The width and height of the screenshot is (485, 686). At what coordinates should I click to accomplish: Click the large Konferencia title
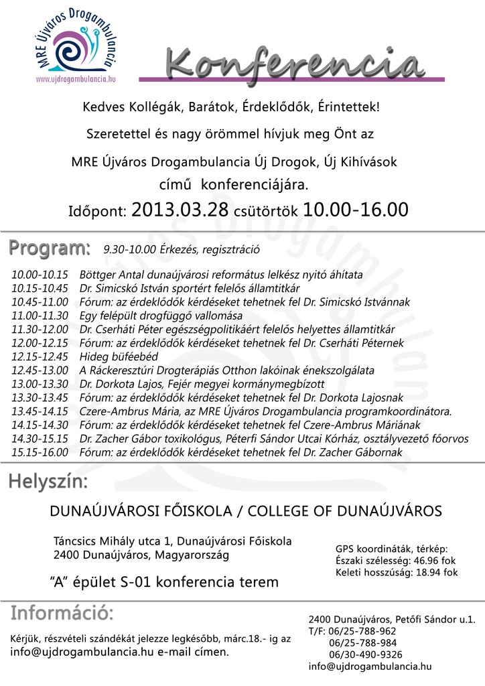point(294,64)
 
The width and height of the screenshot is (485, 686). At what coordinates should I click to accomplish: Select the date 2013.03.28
point(180,210)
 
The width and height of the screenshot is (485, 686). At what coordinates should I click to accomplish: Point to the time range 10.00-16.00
point(355,210)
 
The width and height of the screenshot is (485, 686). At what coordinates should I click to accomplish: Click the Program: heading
point(50,248)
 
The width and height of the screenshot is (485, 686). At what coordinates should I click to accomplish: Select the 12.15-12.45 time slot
point(40,356)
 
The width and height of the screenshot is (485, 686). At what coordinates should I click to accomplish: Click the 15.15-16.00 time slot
point(40,452)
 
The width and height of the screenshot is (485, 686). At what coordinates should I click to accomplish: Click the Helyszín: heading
point(48,482)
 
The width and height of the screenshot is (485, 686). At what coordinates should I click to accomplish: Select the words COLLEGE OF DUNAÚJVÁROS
point(345,511)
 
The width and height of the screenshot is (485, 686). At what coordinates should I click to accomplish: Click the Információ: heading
point(62,614)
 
